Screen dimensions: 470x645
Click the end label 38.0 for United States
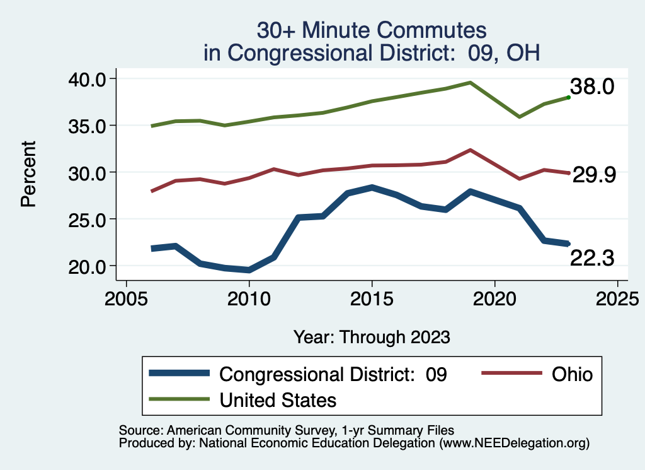tap(591, 86)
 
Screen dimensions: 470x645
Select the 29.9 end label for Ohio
tap(593, 176)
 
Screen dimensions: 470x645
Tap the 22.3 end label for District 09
tap(592, 257)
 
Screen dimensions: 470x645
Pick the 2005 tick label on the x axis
tap(126, 298)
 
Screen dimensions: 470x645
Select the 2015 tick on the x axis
tap(372, 298)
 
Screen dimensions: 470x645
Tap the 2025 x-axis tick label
tap(618, 298)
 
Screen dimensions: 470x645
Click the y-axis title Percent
tap(28, 173)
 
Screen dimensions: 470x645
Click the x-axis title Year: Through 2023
tap(372, 337)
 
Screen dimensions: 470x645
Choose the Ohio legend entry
tap(572, 374)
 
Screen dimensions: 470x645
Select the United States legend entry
tap(278, 400)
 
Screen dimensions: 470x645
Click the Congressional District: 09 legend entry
tap(333, 374)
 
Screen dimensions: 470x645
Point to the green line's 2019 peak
tap(471, 82)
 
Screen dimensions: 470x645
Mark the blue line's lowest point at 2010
tap(249, 270)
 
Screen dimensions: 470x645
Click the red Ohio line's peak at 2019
tap(471, 150)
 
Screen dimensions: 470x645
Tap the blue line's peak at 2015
tap(372, 187)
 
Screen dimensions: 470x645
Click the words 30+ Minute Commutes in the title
tap(372, 30)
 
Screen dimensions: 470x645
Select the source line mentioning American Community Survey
tap(287, 430)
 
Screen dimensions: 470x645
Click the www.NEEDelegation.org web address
tap(515, 444)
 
